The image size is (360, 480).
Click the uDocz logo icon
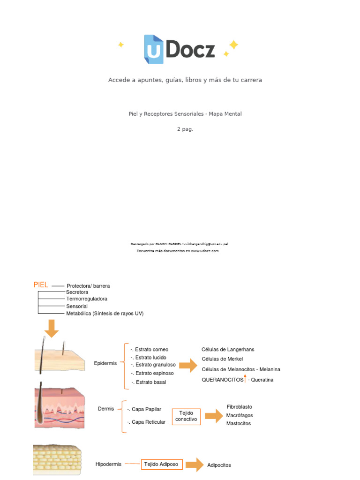tap(154, 49)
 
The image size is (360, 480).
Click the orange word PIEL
tap(41, 285)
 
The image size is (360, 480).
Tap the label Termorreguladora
tap(87, 299)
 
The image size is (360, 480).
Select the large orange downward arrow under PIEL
tap(52, 328)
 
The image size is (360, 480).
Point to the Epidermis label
tap(105, 363)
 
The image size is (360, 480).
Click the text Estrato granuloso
tap(155, 365)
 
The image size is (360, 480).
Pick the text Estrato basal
tap(150, 382)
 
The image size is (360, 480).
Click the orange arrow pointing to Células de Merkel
tap(188, 366)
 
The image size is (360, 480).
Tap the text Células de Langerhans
tap(228, 349)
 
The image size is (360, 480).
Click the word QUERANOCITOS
tap(223, 380)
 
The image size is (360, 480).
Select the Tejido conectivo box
tap(186, 416)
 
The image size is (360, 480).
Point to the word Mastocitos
tap(239, 423)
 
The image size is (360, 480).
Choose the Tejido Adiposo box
tap(161, 464)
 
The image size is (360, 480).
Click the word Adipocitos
tap(219, 465)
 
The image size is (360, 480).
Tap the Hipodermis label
tap(108, 464)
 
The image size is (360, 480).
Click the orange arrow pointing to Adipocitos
tap(194, 465)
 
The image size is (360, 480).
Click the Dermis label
tap(106, 409)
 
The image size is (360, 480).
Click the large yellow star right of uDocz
tap(233, 45)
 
